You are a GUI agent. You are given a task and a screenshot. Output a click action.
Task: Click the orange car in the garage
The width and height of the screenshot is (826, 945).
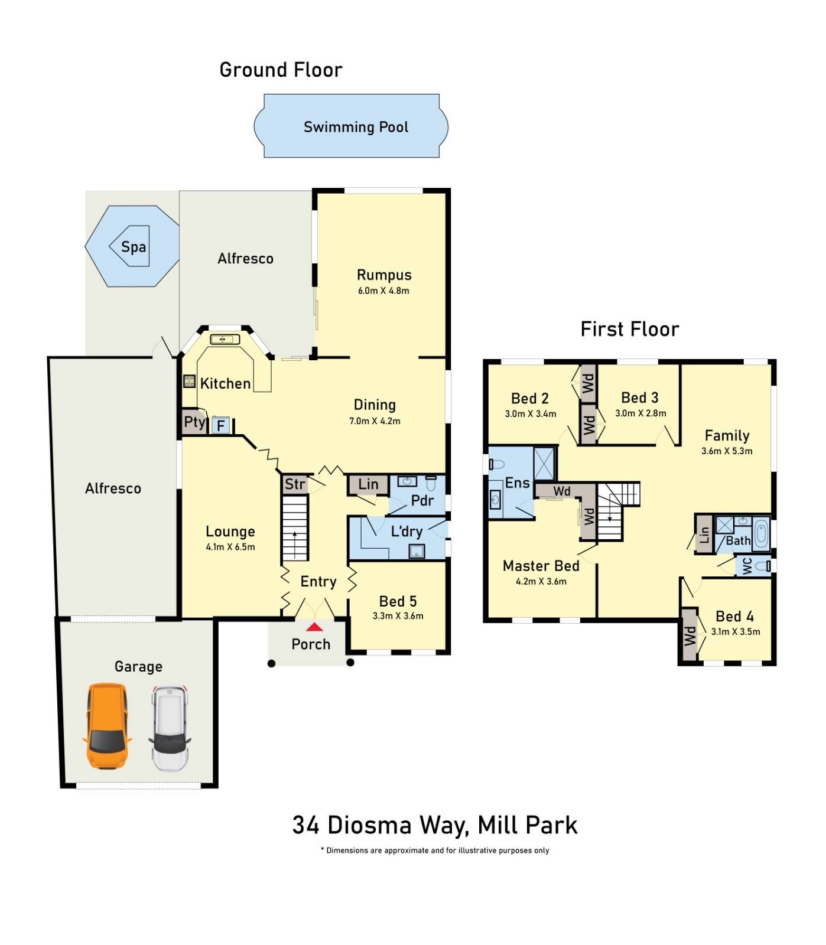[x=107, y=726]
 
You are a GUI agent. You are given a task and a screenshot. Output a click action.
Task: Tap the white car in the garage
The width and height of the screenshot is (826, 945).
[x=170, y=728]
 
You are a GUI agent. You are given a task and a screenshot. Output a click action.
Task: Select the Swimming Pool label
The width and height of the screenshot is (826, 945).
[x=356, y=127]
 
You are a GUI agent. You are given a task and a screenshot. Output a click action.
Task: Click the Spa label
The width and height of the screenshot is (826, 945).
[x=134, y=247]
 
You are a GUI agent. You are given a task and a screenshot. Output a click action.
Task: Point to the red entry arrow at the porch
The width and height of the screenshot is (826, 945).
[x=314, y=627]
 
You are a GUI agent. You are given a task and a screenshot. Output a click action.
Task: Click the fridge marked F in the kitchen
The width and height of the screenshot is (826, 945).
[x=221, y=425]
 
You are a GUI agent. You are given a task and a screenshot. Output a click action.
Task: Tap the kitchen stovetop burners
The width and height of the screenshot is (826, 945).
[x=189, y=381]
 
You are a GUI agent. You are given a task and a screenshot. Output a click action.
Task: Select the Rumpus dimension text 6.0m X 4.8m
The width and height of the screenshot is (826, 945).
[x=383, y=291]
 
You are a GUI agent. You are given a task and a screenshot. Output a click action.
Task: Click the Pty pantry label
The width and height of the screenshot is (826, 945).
[x=194, y=422]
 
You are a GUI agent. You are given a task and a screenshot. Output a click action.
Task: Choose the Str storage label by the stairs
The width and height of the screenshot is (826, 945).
[x=295, y=484]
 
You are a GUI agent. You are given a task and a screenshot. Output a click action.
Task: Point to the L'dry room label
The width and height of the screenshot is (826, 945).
[x=407, y=531]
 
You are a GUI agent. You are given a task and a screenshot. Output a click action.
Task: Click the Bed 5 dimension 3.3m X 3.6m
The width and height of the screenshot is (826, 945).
[x=398, y=616]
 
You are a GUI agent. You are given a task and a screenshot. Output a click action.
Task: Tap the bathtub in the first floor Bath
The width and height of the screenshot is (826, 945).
[x=761, y=533]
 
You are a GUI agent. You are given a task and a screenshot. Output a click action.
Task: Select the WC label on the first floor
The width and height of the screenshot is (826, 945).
[x=747, y=566]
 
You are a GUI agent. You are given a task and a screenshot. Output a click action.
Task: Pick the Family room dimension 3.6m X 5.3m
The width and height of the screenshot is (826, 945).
[x=727, y=451]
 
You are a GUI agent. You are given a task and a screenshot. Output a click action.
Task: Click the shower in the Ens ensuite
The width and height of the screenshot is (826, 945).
[x=544, y=464]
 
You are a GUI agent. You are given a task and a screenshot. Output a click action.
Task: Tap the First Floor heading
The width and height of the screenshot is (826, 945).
[x=630, y=329]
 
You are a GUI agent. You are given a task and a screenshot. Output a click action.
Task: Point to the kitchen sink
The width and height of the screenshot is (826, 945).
[x=225, y=340]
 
